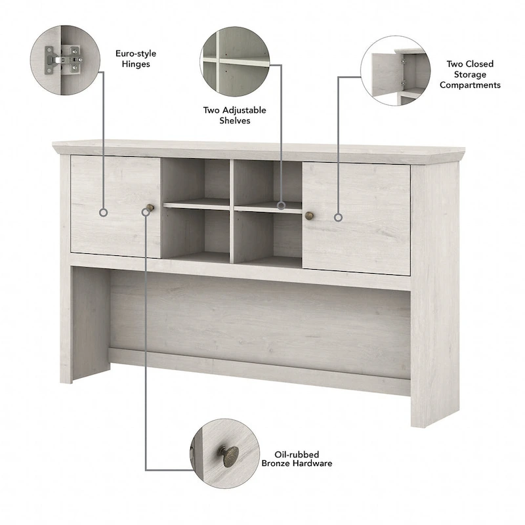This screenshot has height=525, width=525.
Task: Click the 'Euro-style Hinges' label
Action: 136,58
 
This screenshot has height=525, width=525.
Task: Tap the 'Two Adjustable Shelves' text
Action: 235,115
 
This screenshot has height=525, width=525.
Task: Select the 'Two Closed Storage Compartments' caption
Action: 470,74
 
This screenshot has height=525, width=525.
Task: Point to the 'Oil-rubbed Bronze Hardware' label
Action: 297,459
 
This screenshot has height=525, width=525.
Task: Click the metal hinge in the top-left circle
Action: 64,60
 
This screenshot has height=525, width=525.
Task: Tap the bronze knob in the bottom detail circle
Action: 229,455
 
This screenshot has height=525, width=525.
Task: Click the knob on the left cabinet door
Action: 150,208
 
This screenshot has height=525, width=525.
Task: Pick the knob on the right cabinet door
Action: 309,215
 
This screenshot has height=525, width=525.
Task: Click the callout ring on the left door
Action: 104,212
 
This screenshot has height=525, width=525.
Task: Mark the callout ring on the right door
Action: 339,218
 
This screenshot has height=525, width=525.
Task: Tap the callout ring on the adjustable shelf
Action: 282,205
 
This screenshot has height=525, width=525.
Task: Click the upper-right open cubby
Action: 268,183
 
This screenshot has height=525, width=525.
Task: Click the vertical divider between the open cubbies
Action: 232,211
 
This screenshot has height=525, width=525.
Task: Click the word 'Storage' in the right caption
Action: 470,74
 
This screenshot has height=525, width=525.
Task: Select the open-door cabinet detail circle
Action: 396,71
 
